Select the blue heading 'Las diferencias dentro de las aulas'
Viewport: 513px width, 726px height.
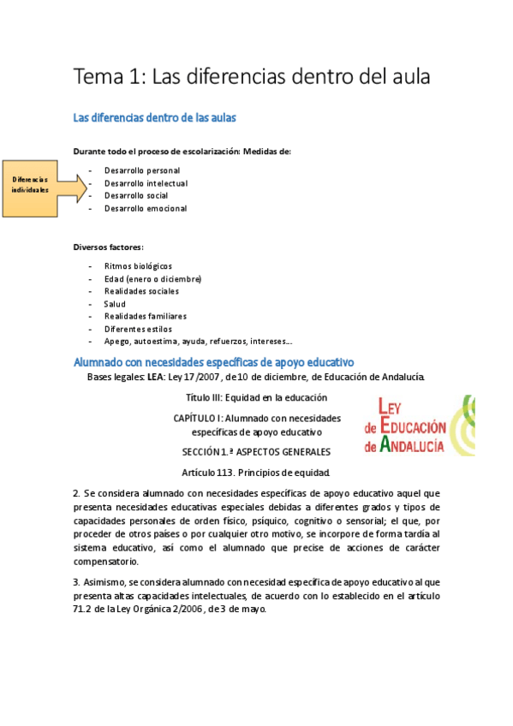tap(154, 116)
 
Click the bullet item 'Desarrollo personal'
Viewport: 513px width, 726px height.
tap(142, 170)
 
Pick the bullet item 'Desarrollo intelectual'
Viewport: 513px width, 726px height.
tap(146, 183)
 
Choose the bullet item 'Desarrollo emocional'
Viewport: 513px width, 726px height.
tap(145, 208)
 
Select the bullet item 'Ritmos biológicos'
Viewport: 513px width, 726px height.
tap(138, 266)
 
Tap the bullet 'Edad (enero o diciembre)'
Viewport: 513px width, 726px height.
tap(152, 279)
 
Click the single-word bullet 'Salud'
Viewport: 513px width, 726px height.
tap(115, 304)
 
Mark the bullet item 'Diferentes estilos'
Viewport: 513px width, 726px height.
tap(138, 329)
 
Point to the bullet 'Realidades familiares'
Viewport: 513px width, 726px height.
tap(145, 316)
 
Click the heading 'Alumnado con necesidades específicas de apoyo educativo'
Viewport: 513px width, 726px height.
tap(214, 362)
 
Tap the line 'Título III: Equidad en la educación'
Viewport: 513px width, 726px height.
tap(256, 398)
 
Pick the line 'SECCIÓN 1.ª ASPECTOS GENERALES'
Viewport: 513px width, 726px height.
tap(256, 452)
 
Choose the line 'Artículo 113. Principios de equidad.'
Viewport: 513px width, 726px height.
tap(256, 472)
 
